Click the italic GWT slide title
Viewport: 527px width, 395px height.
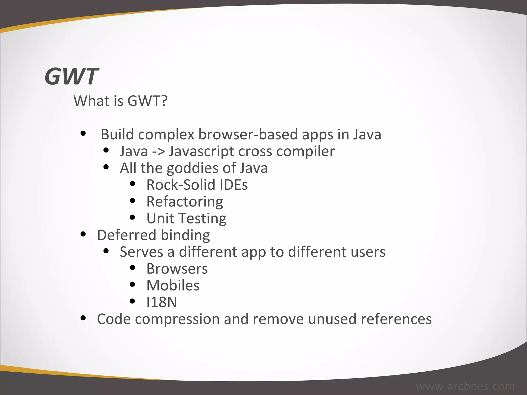pos(72,76)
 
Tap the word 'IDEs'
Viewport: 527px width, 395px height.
pos(234,185)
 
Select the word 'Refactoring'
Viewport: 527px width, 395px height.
pos(185,202)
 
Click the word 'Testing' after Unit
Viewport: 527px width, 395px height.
pos(203,219)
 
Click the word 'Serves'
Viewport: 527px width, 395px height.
pos(141,252)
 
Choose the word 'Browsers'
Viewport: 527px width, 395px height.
pos(177,269)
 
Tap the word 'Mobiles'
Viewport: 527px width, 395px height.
pos(173,285)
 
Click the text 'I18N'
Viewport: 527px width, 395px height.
pos(162,302)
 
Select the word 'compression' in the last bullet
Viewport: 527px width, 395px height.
pos(177,319)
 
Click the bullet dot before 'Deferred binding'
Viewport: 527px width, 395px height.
pos(83,234)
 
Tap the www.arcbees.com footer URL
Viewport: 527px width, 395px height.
pos(465,387)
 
